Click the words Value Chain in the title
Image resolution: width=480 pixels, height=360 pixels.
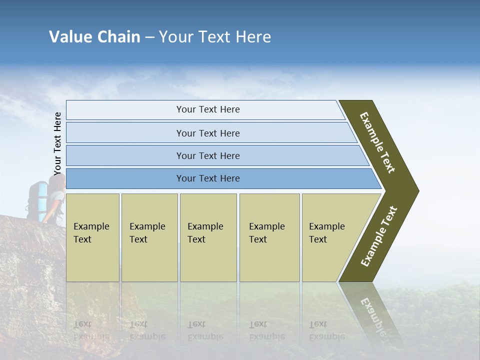coord(94,37)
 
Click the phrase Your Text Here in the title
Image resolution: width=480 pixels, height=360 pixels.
coord(215,37)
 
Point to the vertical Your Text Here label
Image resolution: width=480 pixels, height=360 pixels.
coord(57,144)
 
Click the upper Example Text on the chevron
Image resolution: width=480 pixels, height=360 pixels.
coord(377,142)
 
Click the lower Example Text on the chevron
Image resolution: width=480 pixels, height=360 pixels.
coord(379,236)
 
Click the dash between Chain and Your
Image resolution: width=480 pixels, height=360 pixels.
coord(149,37)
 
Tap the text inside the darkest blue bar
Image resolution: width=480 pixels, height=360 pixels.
coord(208,178)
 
